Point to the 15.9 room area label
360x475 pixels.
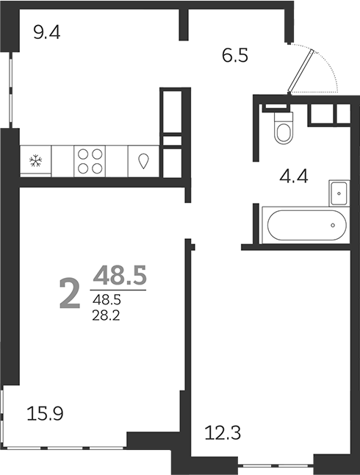[45, 413]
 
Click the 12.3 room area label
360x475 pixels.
[219, 434]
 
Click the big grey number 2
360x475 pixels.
[69, 294]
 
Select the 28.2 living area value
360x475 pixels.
[108, 314]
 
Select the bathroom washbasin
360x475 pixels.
[337, 191]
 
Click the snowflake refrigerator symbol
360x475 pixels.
[35, 161]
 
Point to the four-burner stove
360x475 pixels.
[90, 161]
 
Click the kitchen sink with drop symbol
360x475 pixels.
[143, 161]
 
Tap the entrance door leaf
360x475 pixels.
[302, 71]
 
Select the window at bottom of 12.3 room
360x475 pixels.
[276, 464]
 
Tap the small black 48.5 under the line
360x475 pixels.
[107, 299]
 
